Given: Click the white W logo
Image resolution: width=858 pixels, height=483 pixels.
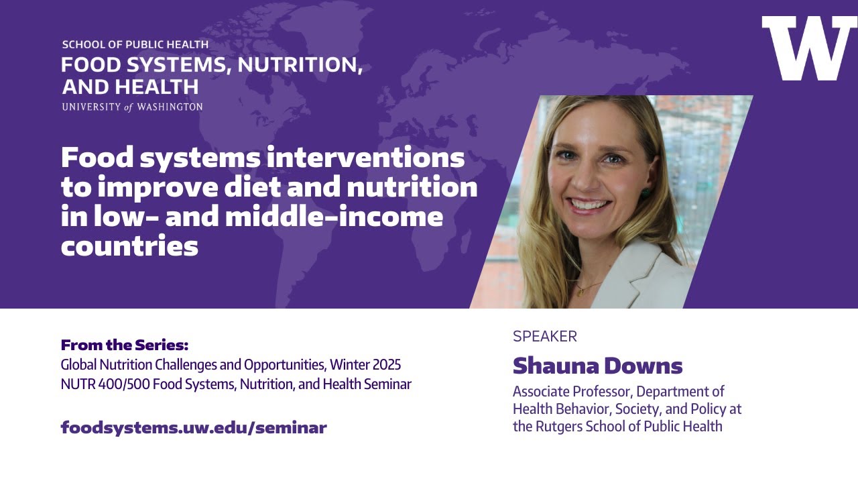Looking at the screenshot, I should point(809,48).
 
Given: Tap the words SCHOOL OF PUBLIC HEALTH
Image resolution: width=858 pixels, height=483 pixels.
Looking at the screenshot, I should point(135,45).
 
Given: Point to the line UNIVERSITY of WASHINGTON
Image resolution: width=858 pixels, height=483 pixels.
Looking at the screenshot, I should point(132,107).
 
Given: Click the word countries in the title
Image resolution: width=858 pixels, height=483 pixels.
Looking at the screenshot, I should point(129,246).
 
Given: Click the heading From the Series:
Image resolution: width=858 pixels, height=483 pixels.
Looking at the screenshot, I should point(125,345).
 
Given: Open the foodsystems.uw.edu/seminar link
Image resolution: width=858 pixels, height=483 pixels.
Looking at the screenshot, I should point(194,427).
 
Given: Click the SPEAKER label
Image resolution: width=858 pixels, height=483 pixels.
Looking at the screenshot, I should point(544,337).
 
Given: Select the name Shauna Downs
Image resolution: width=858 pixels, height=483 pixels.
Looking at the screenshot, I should point(597,366).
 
